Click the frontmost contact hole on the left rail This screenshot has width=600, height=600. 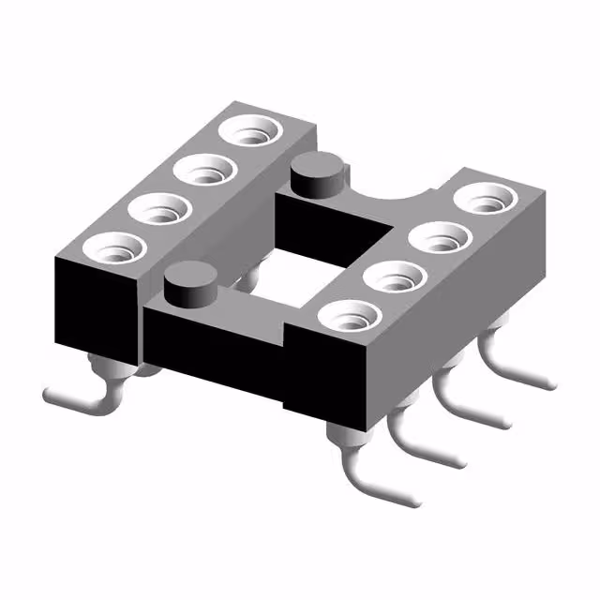113,247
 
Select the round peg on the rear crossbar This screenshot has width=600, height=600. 314,175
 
